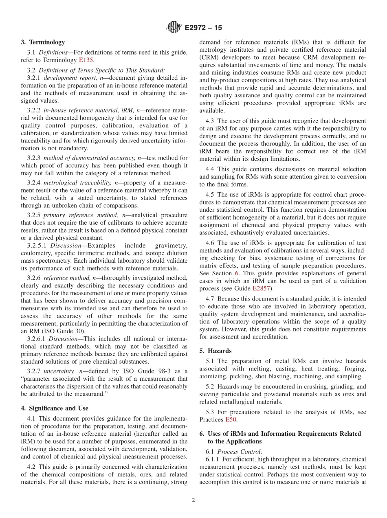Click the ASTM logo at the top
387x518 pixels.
click(x=174, y=28)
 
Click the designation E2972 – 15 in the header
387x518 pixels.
click(x=203, y=28)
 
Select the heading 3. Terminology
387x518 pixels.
click(x=42, y=42)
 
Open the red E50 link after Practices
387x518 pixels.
click(x=231, y=419)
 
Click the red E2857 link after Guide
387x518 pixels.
click(x=261, y=288)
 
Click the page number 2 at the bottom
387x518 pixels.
click(x=193, y=500)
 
